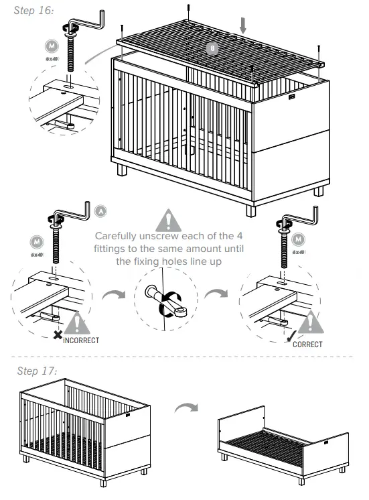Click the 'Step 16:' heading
33,11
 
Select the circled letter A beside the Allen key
100,210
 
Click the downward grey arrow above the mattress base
244,25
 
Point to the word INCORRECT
81,340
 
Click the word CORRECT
307,345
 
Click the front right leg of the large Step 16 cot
250,209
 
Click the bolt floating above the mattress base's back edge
190,10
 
